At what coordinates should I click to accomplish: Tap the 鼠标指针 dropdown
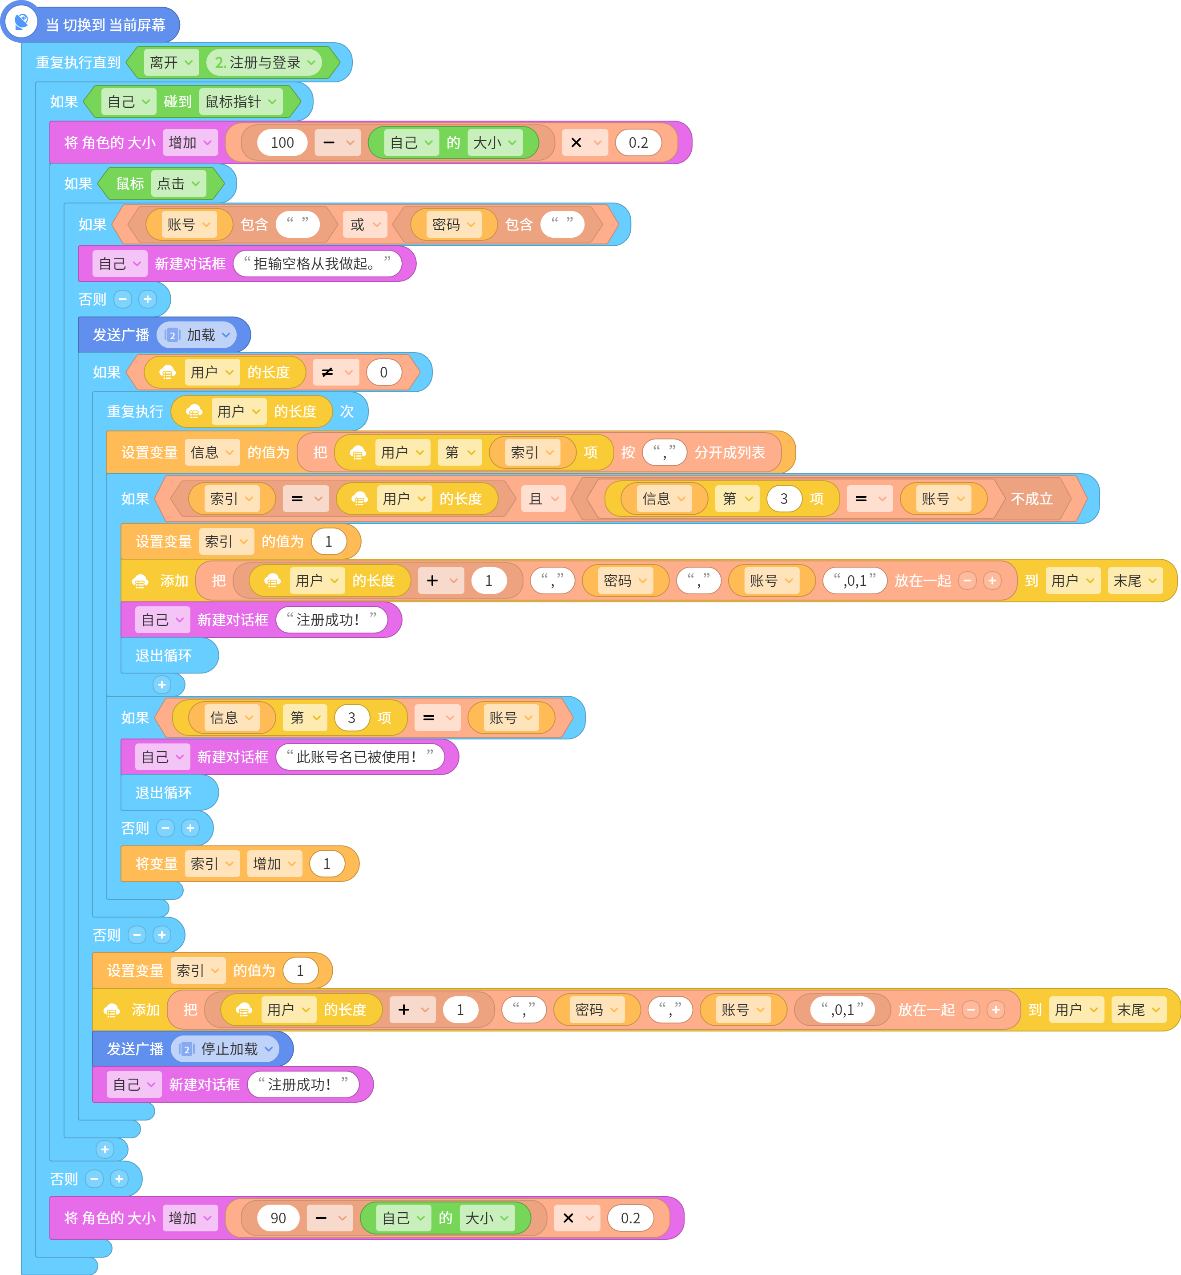(241, 102)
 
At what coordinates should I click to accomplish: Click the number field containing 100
(282, 142)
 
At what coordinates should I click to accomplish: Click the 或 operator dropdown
(365, 224)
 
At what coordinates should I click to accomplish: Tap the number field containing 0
(383, 372)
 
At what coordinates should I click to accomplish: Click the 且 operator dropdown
(543, 499)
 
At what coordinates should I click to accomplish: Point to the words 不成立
(1032, 499)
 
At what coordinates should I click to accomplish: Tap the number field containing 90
(278, 1218)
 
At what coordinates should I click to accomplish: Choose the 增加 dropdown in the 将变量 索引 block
(274, 864)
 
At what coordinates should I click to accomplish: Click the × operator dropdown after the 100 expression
(584, 142)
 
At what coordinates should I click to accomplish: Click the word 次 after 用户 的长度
(347, 411)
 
